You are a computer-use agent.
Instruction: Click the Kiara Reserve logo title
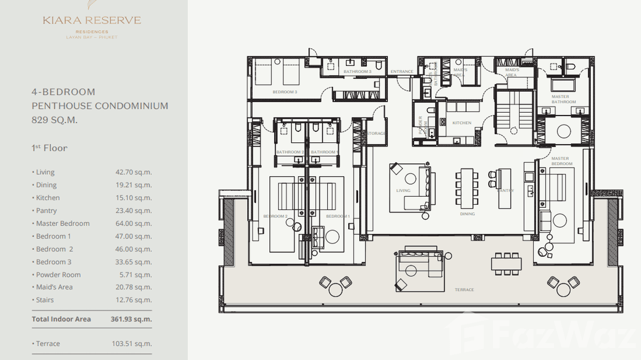(92, 21)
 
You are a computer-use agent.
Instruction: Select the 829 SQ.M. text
(54, 120)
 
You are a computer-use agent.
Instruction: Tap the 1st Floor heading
(49, 148)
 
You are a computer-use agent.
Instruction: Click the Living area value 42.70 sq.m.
(133, 172)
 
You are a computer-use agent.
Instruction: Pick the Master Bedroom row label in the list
(63, 223)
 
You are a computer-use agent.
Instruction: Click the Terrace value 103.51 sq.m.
(133, 344)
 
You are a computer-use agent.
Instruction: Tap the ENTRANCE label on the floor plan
(402, 72)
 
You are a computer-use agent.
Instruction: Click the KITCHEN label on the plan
(461, 123)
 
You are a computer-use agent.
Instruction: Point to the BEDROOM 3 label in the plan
(285, 92)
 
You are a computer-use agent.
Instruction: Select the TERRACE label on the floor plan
(464, 290)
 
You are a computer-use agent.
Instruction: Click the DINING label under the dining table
(467, 214)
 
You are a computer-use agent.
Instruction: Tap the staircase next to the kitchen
(509, 112)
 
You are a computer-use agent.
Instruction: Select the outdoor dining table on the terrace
(506, 264)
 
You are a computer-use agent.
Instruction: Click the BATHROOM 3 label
(357, 72)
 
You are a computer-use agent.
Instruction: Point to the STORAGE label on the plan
(376, 133)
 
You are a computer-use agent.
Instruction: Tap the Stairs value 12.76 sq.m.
(133, 300)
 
